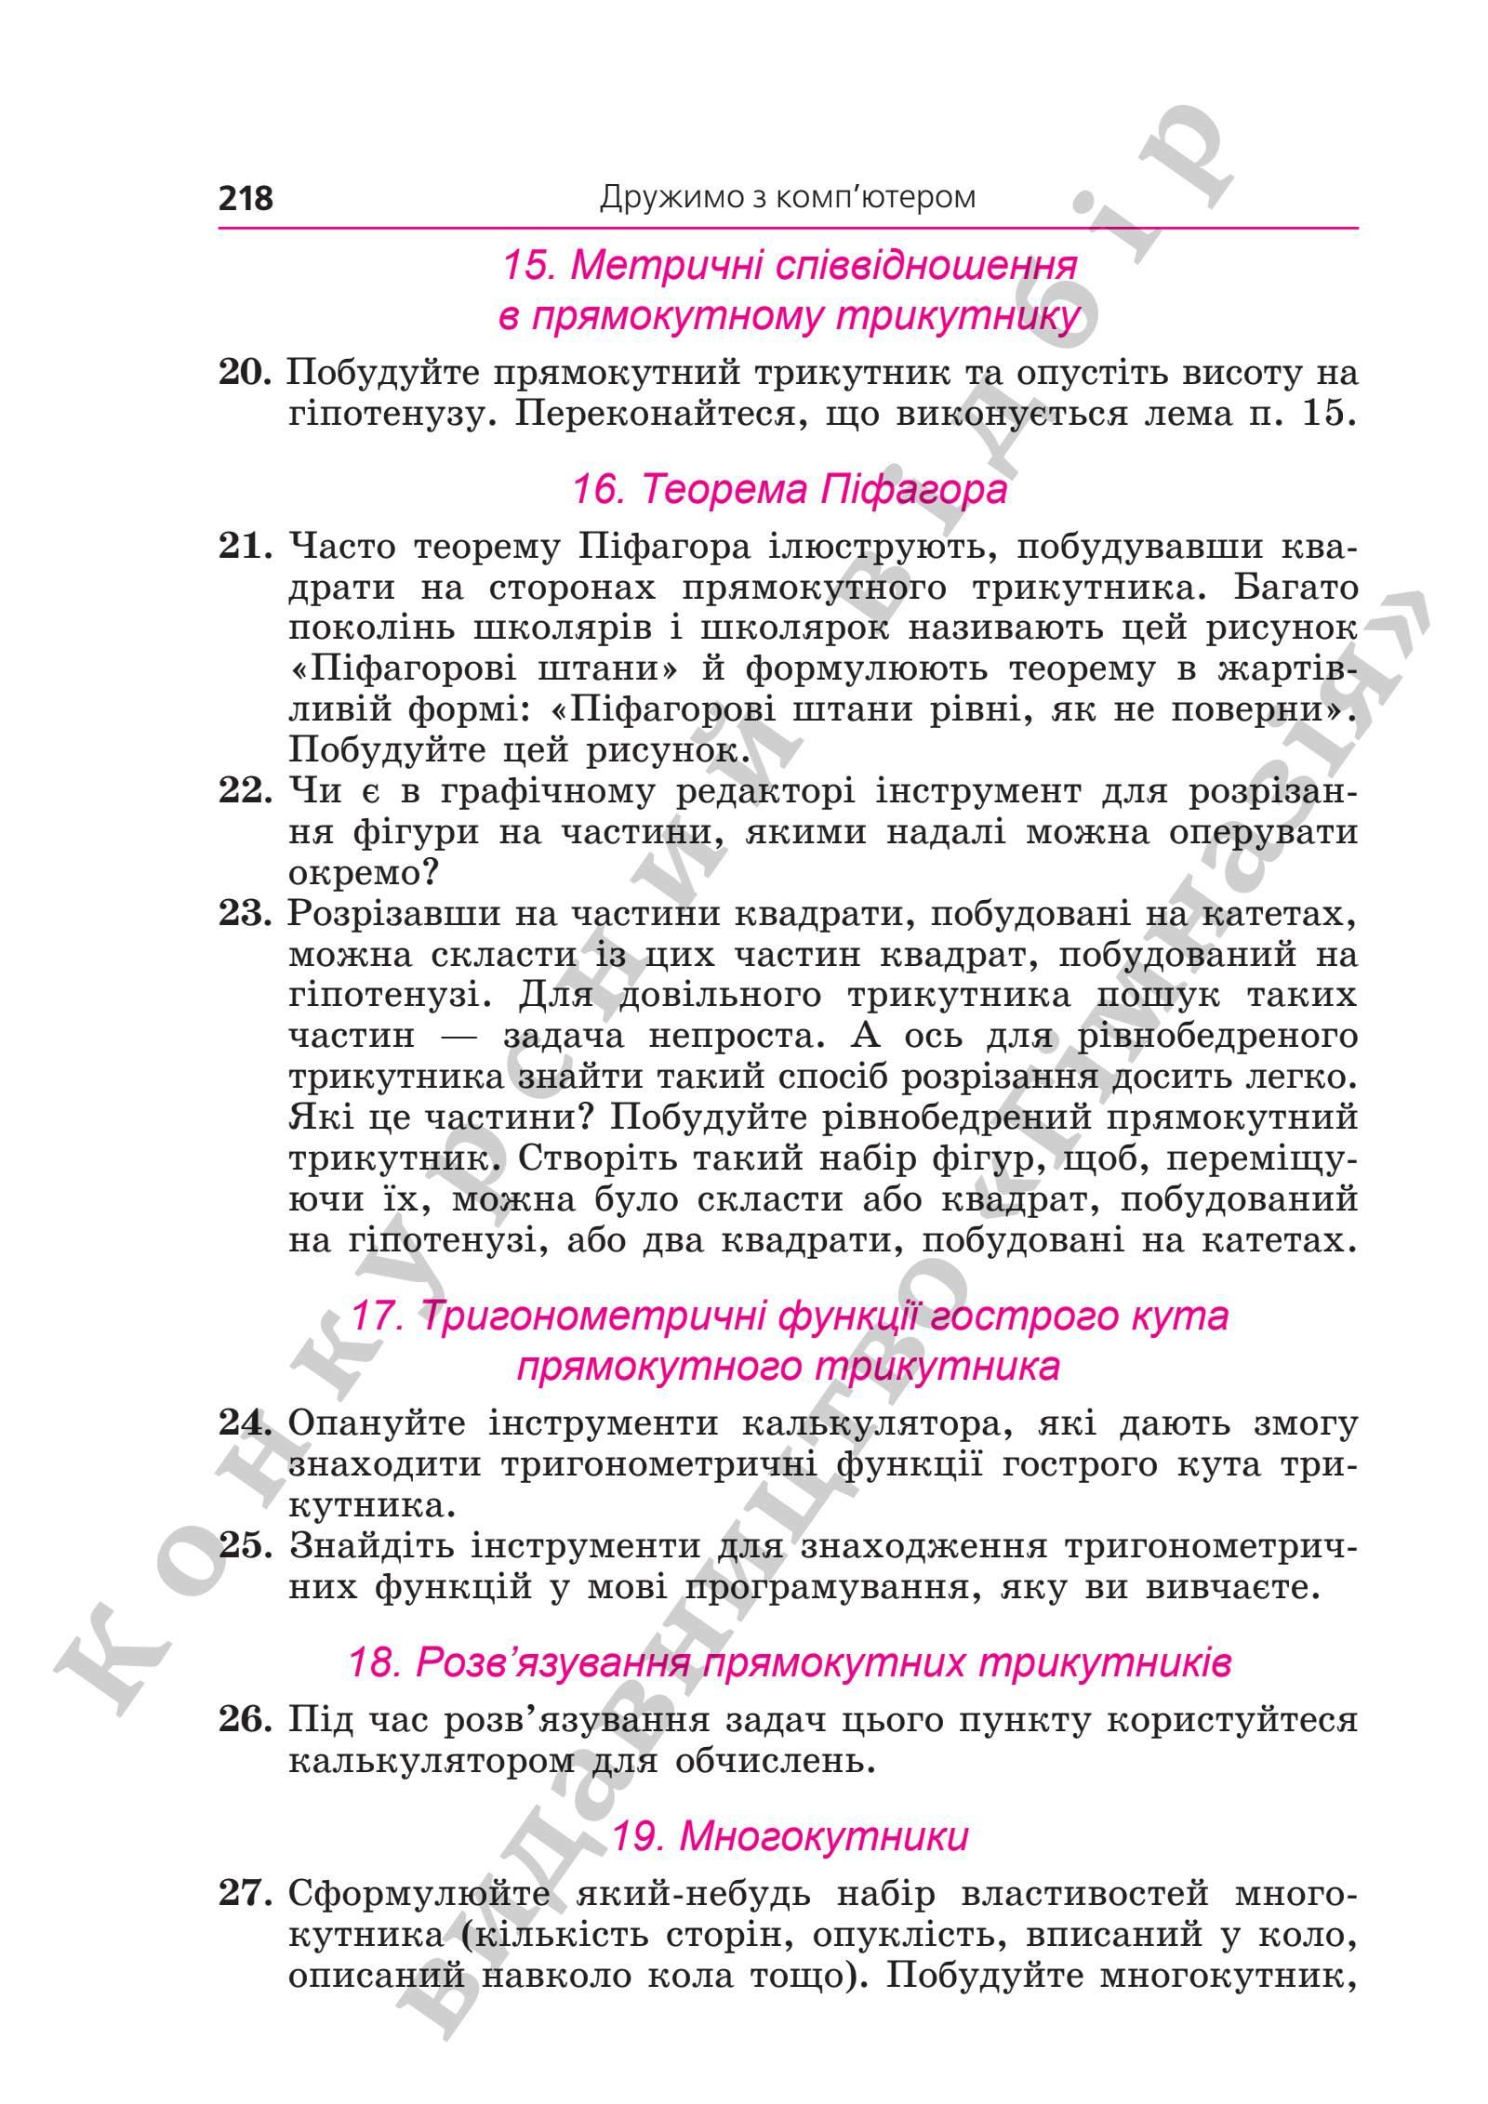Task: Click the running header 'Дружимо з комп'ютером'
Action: tap(787, 197)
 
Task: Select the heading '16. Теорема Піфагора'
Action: tap(789, 489)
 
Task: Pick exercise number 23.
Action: tap(245, 914)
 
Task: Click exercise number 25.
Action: tap(245, 1546)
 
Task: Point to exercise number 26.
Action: tap(245, 1721)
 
